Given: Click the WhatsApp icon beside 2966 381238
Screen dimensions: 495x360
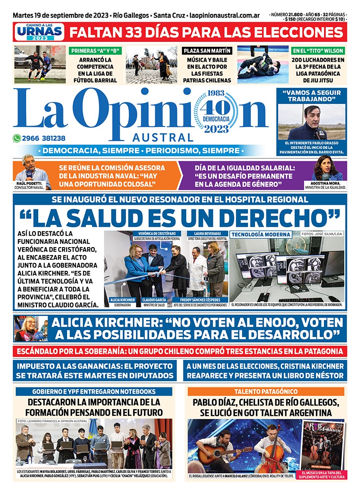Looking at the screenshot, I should (17, 139).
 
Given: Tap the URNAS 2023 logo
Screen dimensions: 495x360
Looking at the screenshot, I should (39, 33).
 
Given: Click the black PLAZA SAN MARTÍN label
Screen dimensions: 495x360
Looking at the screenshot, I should (207, 51).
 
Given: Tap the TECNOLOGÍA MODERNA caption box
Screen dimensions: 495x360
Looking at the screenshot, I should (261, 234).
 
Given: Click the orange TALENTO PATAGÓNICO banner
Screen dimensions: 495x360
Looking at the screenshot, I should (265, 392).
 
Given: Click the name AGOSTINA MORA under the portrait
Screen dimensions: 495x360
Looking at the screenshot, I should (327, 183).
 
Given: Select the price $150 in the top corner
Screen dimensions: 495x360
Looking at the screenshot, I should (291, 19).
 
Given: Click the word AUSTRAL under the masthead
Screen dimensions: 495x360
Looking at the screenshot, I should (163, 137).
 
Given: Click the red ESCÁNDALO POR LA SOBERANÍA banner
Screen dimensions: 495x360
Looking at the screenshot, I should (180, 351).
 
